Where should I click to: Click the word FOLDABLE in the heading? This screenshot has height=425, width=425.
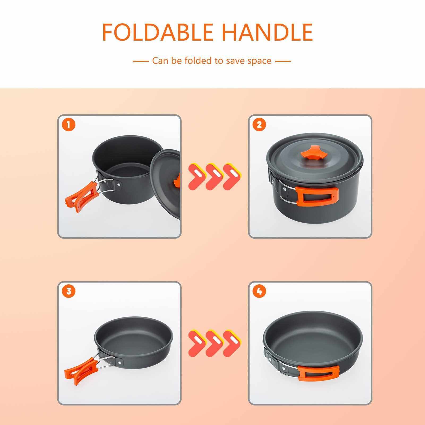click(158, 32)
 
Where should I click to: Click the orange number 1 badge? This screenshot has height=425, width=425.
click(69, 125)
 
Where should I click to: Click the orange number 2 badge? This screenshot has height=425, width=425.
click(260, 125)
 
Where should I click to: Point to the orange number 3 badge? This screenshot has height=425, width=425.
click(69, 291)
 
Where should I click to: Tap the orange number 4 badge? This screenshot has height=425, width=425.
click(260, 291)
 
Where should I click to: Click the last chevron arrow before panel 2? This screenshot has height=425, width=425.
click(231, 177)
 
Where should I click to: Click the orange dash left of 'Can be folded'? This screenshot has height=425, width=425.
click(140, 61)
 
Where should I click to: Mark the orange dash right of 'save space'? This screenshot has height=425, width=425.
click(283, 61)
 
